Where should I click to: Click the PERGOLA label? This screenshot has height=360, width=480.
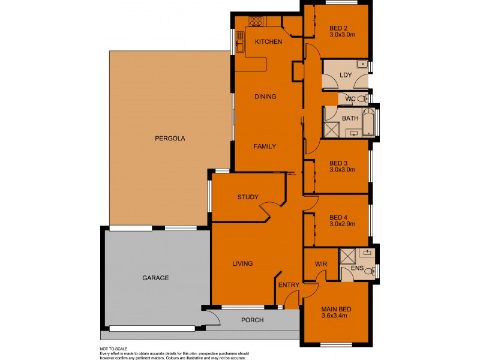coord(170,138)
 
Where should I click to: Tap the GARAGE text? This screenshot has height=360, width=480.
coord(155,278)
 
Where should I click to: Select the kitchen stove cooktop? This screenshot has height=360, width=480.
coord(256,22)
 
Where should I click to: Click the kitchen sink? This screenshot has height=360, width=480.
coord(239,43)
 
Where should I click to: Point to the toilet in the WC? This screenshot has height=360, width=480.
coord(365,98)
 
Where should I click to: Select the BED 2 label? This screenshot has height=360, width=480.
coord(338,28)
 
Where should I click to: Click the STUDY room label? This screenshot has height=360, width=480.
coord(247,197)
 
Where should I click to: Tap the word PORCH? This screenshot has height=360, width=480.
coord(252,320)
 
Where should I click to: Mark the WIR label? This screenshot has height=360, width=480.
coord(320,264)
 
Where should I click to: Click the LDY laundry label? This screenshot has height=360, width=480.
coord(345,75)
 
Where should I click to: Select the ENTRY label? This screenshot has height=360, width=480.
coord(288,285)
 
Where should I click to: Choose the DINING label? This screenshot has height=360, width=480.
coord(265,96)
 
